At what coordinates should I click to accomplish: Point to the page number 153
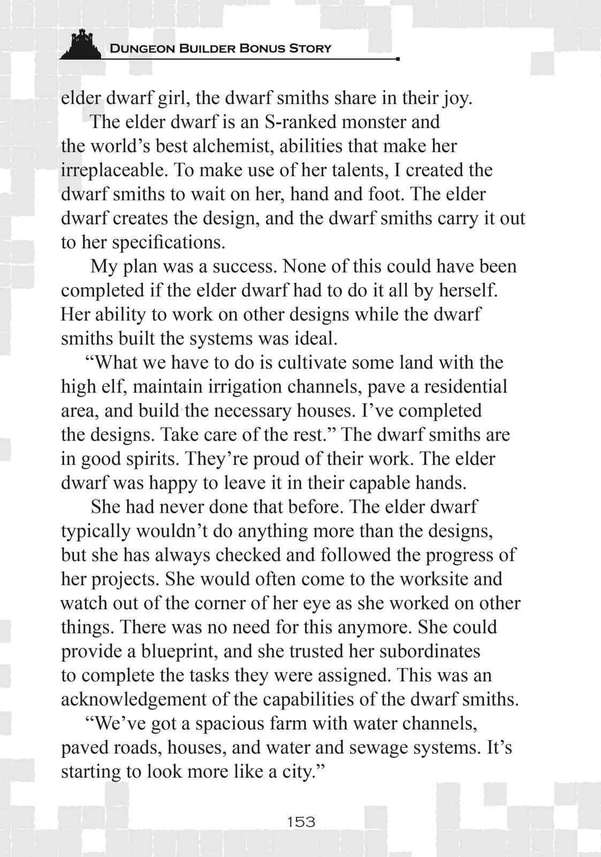pyautogui.click(x=301, y=821)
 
